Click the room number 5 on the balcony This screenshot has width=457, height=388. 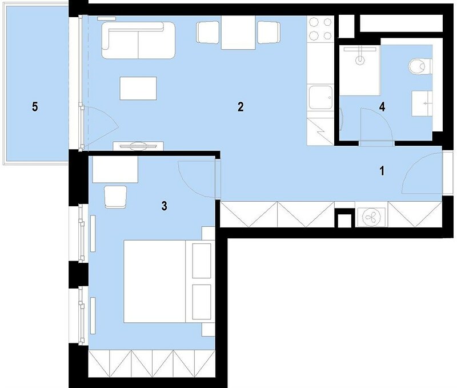click(x=35, y=107)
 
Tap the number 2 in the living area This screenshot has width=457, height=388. click(x=240, y=107)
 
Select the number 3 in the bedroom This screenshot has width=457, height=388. click(x=165, y=206)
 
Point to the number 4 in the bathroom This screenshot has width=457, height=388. click(x=382, y=107)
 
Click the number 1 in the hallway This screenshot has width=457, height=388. click(x=382, y=171)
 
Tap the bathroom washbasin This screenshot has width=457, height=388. click(x=422, y=103)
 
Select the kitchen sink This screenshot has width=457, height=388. click(x=321, y=97)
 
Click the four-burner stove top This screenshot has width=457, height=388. click(x=320, y=29)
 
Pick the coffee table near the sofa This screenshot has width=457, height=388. click(x=138, y=88)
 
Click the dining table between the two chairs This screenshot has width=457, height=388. click(x=238, y=33)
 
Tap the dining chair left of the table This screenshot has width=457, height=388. click(x=208, y=33)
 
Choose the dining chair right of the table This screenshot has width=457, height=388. click(x=268, y=33)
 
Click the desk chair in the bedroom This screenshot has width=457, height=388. click(x=115, y=197)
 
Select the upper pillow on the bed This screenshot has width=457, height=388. click(x=202, y=261)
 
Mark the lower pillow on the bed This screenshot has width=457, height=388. click(x=202, y=302)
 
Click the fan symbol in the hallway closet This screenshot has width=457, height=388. click(x=371, y=217)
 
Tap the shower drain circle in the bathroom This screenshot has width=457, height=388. click(x=360, y=61)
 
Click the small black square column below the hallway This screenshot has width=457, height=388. click(x=344, y=221)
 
